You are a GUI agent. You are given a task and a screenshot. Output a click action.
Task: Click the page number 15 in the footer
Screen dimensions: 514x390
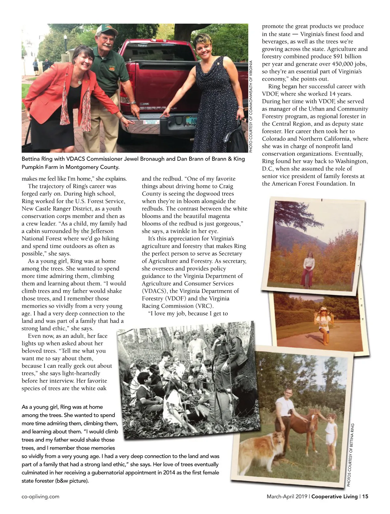point(365,496)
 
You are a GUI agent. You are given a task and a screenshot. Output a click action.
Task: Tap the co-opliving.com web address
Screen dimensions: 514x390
point(40,496)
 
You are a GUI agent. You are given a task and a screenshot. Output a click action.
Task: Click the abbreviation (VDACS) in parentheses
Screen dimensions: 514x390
point(154,291)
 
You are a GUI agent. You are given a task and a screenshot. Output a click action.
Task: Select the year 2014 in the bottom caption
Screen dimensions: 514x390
point(174,472)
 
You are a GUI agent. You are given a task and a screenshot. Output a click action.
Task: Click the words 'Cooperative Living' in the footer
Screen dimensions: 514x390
point(334,496)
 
